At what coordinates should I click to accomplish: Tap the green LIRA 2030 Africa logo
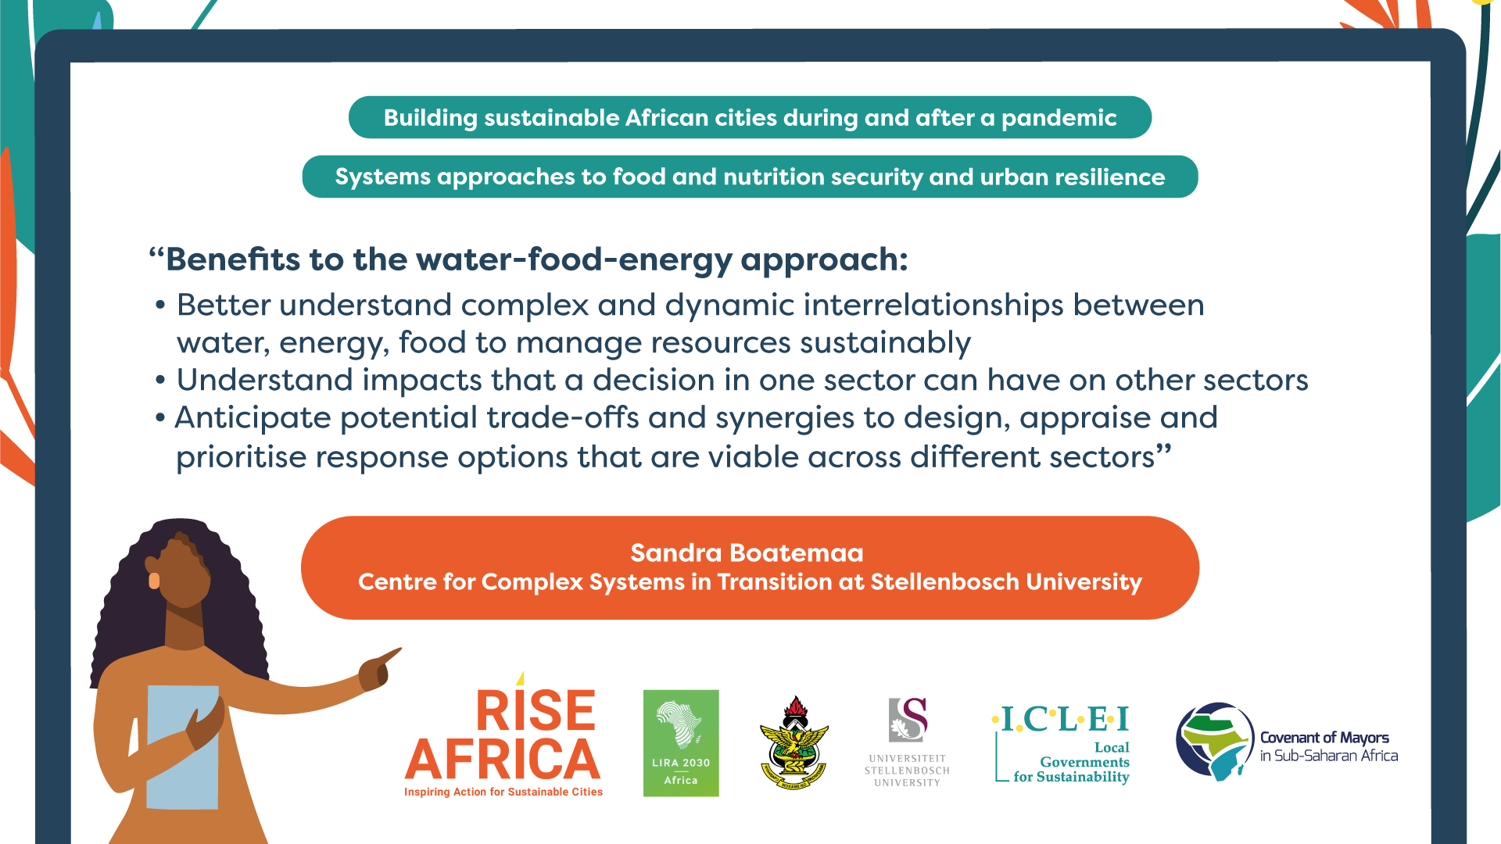(681, 743)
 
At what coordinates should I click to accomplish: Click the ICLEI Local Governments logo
(1061, 743)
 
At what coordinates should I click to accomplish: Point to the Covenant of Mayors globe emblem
(1215, 741)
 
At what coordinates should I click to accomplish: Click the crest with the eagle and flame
(794, 742)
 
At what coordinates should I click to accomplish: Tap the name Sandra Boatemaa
(747, 553)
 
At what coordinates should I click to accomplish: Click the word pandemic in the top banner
(1059, 118)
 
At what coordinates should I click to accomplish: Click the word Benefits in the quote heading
(233, 259)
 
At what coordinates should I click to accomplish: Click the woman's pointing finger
(391, 655)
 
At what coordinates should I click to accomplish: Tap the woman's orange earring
(154, 581)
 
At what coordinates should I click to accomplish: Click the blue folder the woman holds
(183, 747)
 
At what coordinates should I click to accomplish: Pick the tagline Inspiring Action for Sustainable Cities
(503, 792)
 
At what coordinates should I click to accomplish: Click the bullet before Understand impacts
(160, 381)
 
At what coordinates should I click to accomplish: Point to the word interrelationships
(933, 305)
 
